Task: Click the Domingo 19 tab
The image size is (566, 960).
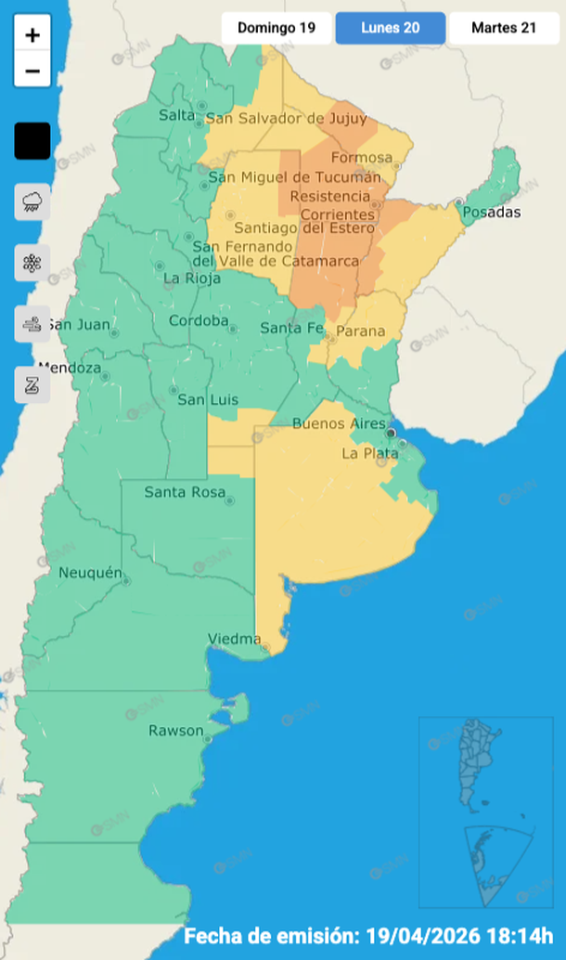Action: (276, 28)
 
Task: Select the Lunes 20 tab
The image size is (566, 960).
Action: (390, 28)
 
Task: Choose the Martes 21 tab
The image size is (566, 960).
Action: (503, 28)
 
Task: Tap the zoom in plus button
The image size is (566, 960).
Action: (32, 36)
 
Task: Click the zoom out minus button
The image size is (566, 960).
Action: (32, 71)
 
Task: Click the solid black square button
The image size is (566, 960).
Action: (32, 141)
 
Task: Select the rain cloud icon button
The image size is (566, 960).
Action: (32, 201)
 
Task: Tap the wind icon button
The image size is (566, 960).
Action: (32, 324)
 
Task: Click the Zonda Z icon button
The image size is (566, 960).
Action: (32, 384)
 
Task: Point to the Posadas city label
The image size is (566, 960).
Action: (492, 213)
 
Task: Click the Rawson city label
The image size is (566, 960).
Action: (175, 731)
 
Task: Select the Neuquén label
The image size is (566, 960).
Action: (90, 573)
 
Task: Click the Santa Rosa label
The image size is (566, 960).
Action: (184, 492)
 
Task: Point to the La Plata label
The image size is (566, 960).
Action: (363, 453)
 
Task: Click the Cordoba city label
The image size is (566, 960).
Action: (199, 321)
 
